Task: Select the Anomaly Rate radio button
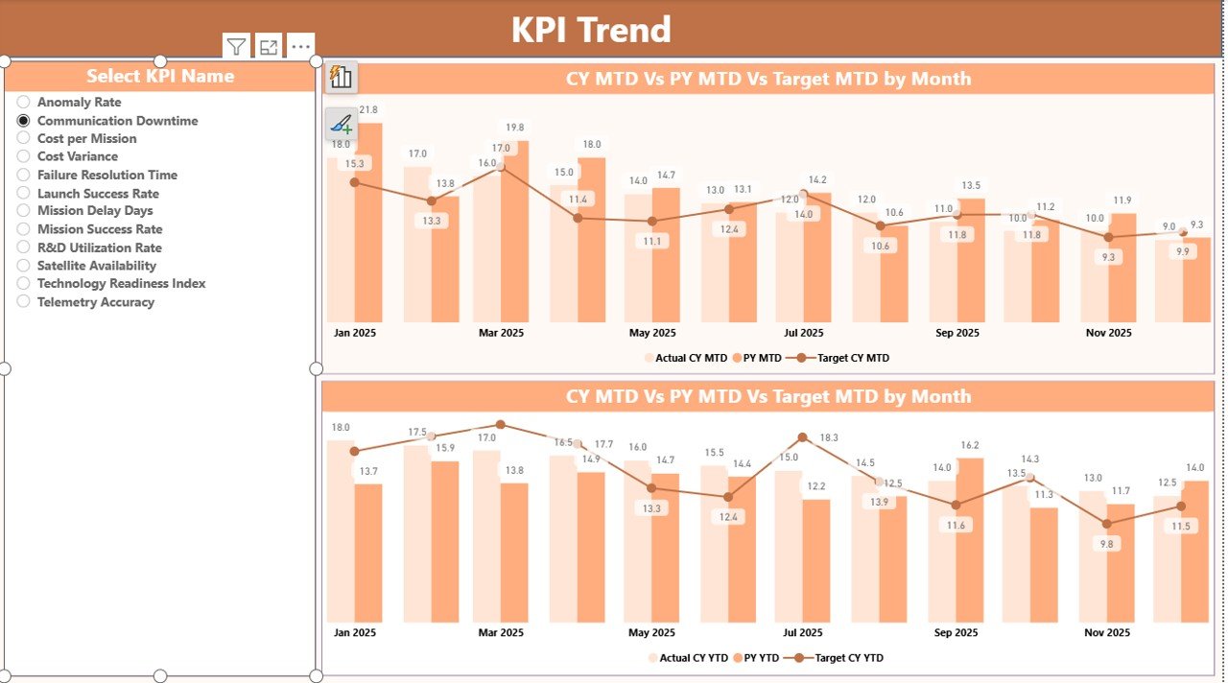pos(24,102)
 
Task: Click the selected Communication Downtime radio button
pos(24,120)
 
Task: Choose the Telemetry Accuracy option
pos(24,301)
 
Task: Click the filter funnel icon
pos(236,46)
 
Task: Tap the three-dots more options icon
pos(300,46)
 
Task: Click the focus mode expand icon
pos(269,46)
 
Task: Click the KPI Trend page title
pos(590,30)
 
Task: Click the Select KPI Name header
pos(160,76)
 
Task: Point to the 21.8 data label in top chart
pos(367,110)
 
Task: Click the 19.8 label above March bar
pos(515,128)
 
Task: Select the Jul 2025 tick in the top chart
pos(804,333)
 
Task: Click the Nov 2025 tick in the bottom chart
pos(1107,632)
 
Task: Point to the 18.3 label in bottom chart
pos(828,437)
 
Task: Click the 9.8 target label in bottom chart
pos(1107,544)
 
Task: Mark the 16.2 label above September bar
pos(970,445)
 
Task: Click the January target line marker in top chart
pos(355,182)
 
